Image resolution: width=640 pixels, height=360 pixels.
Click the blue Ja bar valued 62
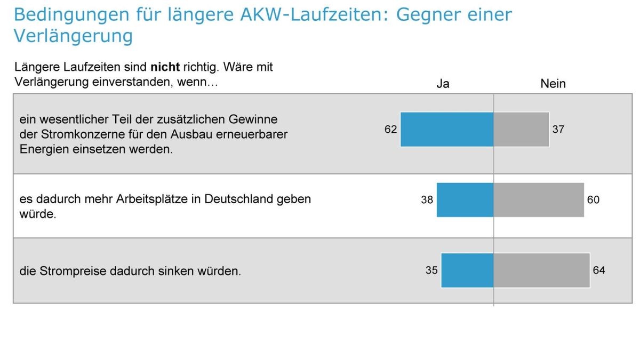[x=447, y=129]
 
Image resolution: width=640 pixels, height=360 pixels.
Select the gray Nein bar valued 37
[x=521, y=129]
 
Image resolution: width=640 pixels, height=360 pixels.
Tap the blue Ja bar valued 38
[x=465, y=200]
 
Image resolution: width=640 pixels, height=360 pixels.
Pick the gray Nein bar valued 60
[x=539, y=200]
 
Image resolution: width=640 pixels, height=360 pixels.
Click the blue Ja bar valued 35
[x=467, y=270]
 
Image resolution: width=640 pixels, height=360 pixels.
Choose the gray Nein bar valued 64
[x=541, y=270]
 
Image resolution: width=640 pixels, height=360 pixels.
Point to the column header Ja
[x=443, y=84]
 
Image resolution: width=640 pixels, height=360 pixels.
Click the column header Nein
[x=553, y=84]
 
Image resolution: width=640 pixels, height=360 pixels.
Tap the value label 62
[x=390, y=129]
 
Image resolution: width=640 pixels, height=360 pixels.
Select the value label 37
[x=558, y=129]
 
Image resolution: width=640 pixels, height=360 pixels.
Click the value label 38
[x=427, y=201]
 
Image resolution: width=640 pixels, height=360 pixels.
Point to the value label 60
[x=593, y=200]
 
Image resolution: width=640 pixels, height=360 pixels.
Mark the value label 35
[x=431, y=270]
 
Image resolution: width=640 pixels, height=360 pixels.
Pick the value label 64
[x=599, y=270]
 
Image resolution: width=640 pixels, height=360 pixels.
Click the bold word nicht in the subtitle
[x=165, y=68]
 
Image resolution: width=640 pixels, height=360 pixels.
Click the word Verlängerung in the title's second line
[x=73, y=36]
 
